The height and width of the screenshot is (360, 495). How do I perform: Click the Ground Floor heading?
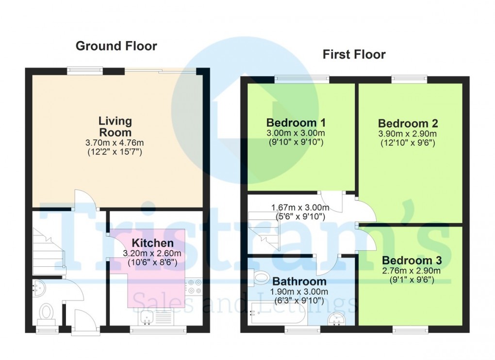coord(116,46)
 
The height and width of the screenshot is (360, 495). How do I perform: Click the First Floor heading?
coord(354,54)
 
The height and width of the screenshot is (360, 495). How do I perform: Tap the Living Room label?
coord(115,126)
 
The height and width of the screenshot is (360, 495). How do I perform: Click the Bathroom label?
coord(299,281)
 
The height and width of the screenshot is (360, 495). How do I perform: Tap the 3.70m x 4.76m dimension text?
coord(115,143)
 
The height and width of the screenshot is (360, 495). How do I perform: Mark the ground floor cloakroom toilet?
coord(47,311)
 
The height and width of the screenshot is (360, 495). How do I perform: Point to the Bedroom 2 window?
coord(410,78)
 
